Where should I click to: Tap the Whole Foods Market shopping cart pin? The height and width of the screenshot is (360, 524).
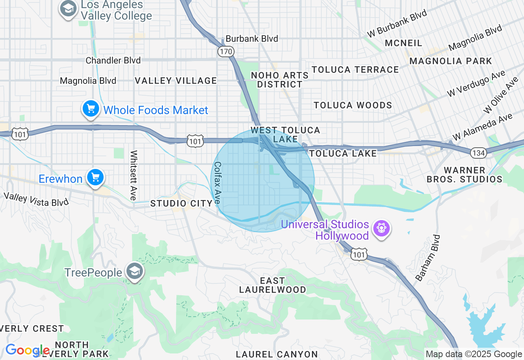point(91,109)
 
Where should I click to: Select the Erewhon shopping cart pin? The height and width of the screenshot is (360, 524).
point(95,178)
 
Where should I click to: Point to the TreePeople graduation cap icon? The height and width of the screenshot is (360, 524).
point(134,272)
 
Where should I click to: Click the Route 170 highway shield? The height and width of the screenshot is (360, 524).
point(226,52)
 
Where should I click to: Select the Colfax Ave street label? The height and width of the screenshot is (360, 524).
point(217,183)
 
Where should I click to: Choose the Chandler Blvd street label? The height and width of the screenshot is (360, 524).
point(113,61)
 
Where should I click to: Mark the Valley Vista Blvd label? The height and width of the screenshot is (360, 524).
point(36,199)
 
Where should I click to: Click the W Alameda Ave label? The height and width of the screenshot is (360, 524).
point(482,127)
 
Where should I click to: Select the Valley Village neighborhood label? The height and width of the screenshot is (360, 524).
point(176,81)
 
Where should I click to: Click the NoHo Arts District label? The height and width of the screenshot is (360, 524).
point(280,80)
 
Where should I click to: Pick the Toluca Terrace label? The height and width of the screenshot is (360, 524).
point(355,70)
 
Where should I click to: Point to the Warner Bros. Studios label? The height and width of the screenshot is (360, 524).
point(464,175)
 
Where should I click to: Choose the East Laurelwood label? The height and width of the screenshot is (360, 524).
point(272,285)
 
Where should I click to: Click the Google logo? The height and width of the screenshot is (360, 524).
point(27,350)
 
